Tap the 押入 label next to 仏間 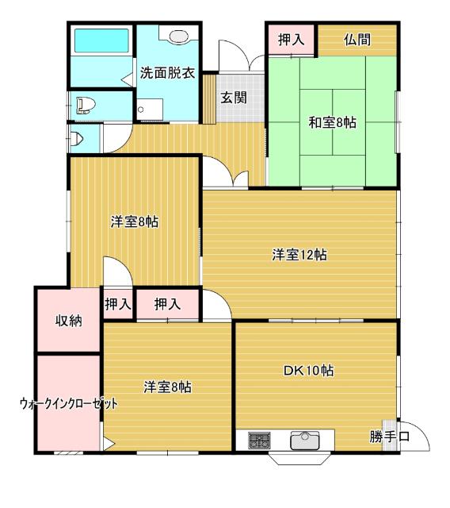tap(290, 40)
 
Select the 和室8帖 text tap(332, 122)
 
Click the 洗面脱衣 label tap(167, 73)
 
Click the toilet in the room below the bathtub tap(84, 103)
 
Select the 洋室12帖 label tap(300, 255)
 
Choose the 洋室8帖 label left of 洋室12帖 tap(134, 222)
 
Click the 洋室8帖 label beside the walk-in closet tap(167, 387)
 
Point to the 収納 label tap(67, 321)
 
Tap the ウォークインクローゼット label tap(69, 403)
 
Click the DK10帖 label tap(308, 371)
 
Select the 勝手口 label tap(389, 436)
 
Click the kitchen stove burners tap(258, 441)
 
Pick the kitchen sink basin tap(304, 441)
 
